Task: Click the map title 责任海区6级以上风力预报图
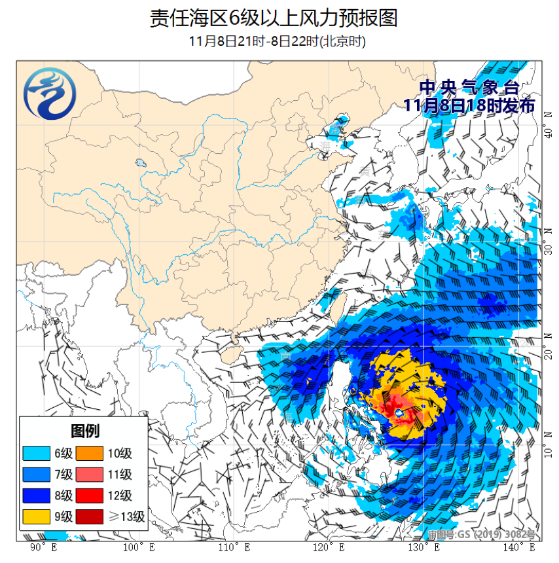pos(274,18)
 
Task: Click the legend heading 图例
pos(83,431)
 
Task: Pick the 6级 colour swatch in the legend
pos(37,454)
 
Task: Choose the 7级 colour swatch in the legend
pos(37,475)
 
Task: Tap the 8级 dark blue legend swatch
pos(37,496)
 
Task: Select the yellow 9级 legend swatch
pos(37,517)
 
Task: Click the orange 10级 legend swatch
pos(90,454)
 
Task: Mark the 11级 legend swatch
pos(90,475)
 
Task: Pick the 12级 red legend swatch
pos(90,496)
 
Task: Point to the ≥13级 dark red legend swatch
pos(90,517)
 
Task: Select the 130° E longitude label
pos(422,547)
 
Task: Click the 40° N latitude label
pos(548,134)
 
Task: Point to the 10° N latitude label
pos(548,451)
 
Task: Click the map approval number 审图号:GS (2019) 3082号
pos(481,535)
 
